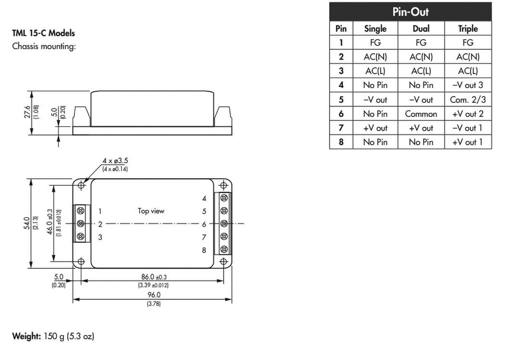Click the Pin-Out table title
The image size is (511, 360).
(x=410, y=12)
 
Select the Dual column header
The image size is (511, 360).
(x=421, y=28)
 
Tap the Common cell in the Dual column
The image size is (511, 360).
(x=421, y=114)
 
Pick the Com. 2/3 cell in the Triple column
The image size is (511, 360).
(x=468, y=99)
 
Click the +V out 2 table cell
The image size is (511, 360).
(x=468, y=114)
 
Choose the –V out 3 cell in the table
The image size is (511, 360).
(x=468, y=85)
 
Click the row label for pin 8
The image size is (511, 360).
(x=341, y=142)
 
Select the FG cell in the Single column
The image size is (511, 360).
(x=375, y=43)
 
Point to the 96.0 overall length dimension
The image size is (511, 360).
(x=153, y=295)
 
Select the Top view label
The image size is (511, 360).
(x=151, y=211)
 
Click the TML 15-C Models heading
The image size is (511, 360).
(x=43, y=33)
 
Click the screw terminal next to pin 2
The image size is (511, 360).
(x=80, y=223)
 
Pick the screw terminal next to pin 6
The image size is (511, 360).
(x=224, y=223)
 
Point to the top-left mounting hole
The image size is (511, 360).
(x=81, y=185)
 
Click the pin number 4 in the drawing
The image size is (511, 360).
(x=204, y=198)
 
